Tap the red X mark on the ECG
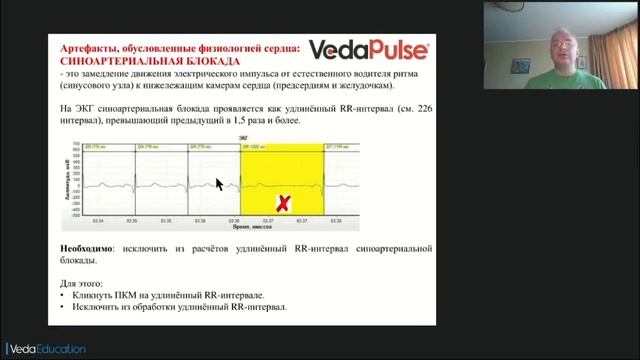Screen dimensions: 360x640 point(283,204)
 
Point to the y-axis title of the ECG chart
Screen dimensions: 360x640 point(67,179)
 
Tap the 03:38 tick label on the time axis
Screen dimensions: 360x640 point(335,220)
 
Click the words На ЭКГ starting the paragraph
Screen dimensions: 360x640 point(75,107)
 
